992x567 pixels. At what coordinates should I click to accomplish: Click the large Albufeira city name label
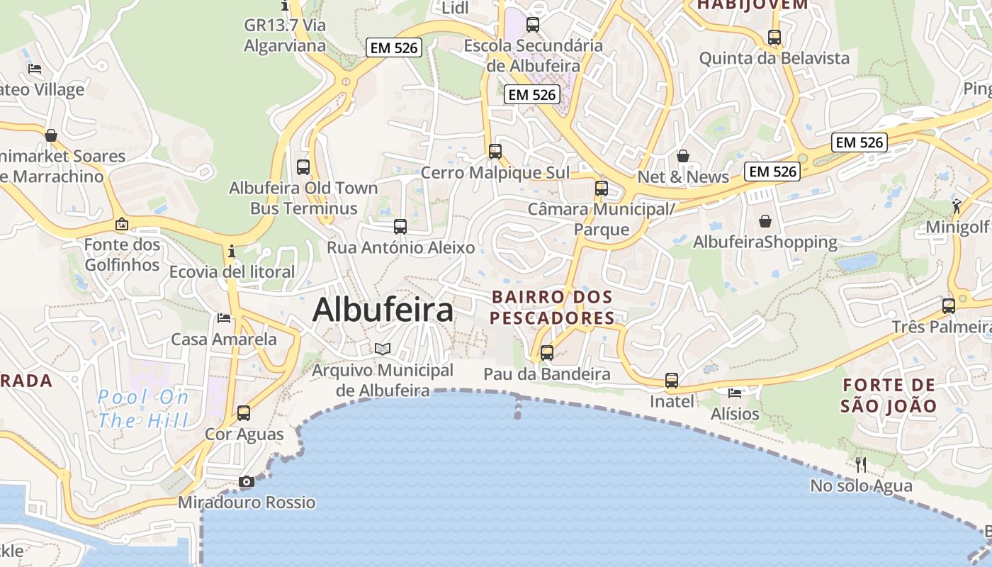point(383,310)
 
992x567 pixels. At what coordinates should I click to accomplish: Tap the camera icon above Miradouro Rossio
point(246,482)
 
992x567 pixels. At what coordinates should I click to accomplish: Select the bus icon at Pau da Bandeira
point(546,352)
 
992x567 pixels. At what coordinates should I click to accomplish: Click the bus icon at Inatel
point(672,381)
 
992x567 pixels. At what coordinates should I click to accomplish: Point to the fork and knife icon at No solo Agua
point(861,465)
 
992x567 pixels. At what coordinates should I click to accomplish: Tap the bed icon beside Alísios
point(735,393)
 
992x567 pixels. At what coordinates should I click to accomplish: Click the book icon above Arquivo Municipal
point(383,349)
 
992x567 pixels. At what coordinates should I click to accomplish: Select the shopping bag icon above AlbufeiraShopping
point(765,221)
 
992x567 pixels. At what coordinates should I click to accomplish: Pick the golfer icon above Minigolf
point(957,206)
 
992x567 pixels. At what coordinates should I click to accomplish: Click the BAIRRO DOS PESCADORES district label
point(552,308)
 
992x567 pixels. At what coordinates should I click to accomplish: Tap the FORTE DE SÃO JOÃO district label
point(889,395)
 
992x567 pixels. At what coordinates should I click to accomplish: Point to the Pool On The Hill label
point(143,409)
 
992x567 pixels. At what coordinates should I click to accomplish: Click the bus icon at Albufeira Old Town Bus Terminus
point(303,167)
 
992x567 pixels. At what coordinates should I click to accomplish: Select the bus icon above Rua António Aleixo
point(400,227)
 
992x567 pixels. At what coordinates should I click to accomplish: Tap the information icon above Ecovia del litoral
point(231,251)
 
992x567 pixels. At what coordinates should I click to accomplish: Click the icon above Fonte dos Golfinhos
point(122,225)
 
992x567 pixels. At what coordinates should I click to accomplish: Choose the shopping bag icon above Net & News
point(683,155)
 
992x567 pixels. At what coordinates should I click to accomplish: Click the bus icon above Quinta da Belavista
point(774,38)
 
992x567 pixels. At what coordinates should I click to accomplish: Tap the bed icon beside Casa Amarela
point(224,318)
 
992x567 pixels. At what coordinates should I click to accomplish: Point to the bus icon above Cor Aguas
point(244,412)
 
